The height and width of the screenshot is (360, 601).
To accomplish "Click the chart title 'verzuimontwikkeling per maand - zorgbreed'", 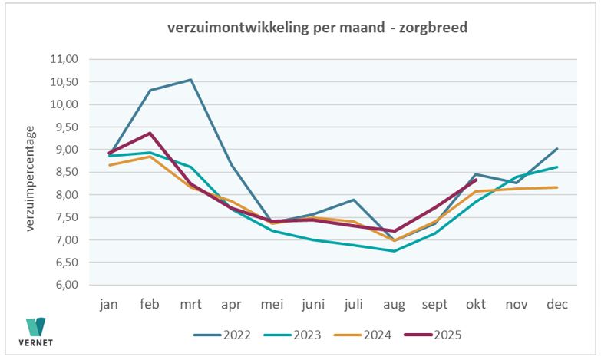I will point(318,28).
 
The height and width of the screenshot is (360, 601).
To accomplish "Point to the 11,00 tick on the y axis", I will point(65,59).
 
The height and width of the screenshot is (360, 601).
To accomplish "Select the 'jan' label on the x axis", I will point(109,304).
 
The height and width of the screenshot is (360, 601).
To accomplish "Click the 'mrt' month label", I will point(190,304).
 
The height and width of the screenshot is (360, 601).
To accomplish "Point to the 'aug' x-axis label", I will point(394,304).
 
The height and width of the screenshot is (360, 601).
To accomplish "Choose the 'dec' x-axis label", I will point(557,304).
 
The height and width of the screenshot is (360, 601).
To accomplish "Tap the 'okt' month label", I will point(476,304).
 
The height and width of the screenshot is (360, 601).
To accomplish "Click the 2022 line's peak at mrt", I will point(190,80).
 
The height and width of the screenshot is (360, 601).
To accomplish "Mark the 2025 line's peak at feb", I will point(150,133).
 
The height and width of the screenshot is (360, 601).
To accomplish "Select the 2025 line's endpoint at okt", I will point(476,180).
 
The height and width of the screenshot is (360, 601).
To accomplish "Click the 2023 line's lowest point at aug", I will point(395,251).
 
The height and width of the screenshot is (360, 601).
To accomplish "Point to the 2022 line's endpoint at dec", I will point(557,149).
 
